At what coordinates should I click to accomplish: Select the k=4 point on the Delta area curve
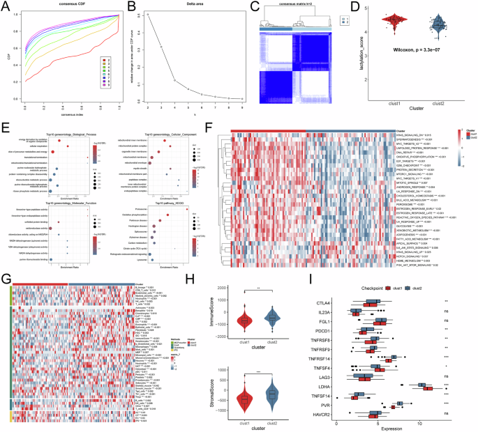(174, 80)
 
